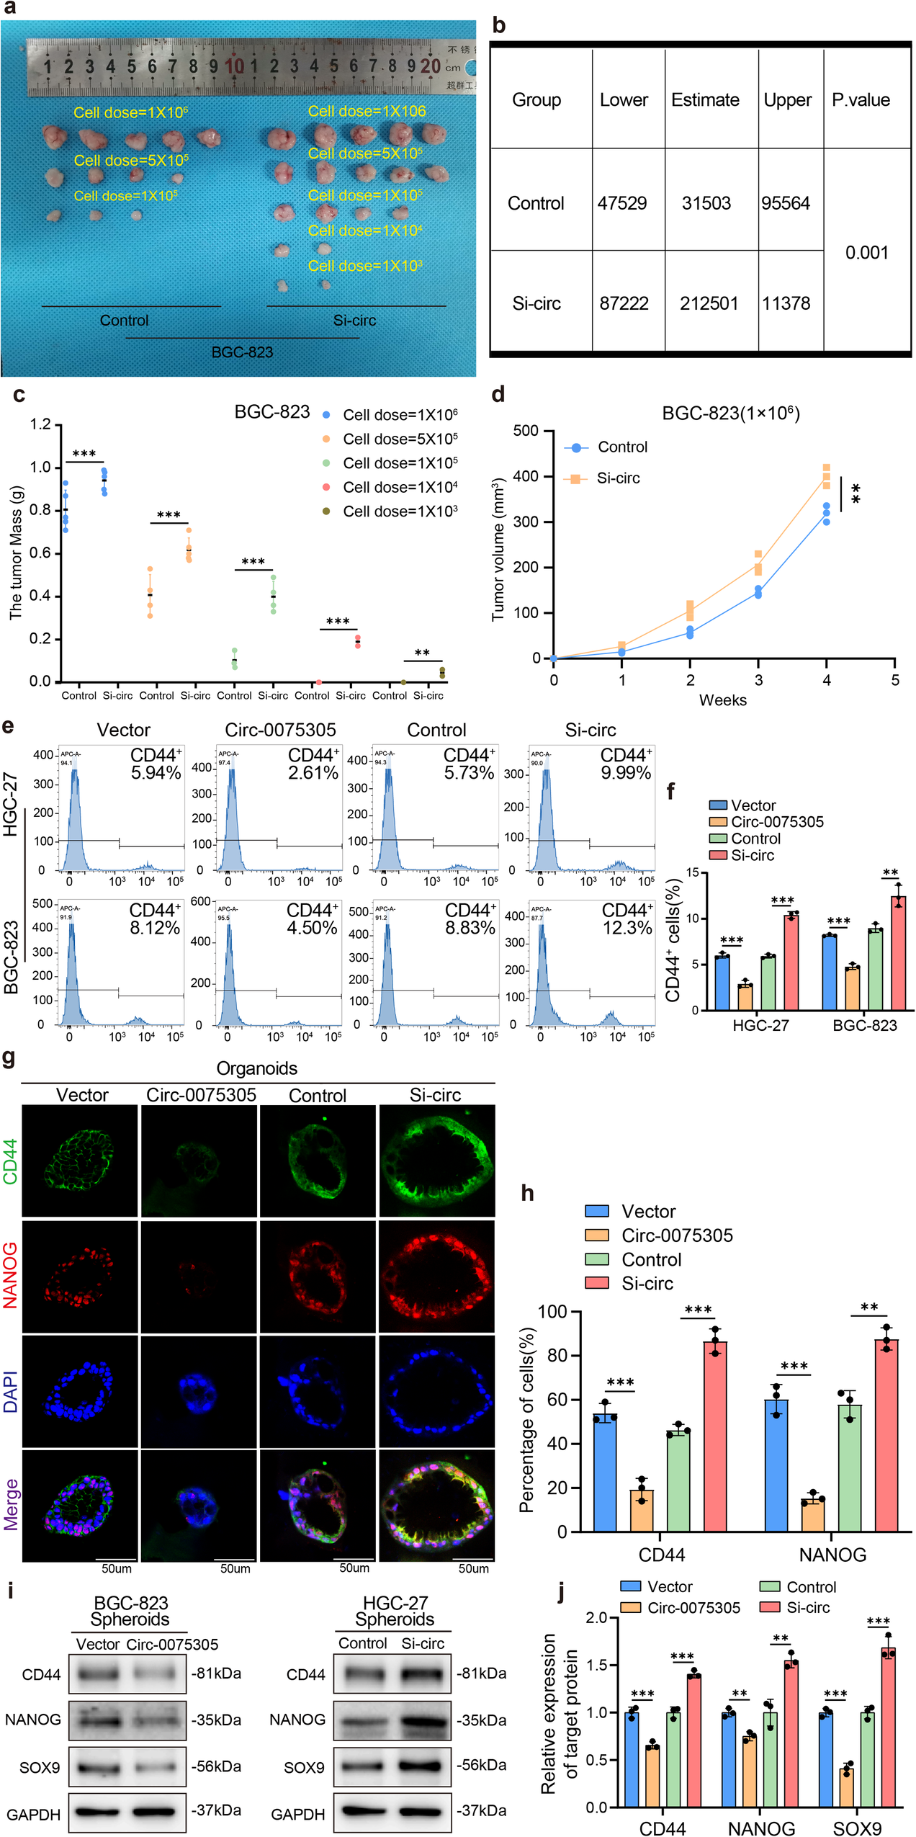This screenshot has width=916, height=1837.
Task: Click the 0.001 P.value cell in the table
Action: click(x=866, y=253)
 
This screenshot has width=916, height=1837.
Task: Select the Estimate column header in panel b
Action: click(x=705, y=100)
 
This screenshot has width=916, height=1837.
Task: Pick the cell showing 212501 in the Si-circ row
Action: click(x=709, y=303)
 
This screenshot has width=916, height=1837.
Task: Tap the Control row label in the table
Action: click(x=536, y=203)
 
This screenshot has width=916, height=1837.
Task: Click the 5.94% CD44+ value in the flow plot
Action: click(x=156, y=773)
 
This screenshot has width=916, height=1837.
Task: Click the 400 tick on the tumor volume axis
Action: click(x=526, y=476)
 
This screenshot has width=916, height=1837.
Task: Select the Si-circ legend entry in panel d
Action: click(x=617, y=478)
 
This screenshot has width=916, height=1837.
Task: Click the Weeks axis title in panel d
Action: click(x=722, y=700)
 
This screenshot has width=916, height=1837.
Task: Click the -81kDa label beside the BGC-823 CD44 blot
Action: click(x=216, y=1673)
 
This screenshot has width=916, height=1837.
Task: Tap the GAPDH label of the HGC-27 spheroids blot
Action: click(x=297, y=1815)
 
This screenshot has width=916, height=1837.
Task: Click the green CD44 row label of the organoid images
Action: click(x=10, y=1161)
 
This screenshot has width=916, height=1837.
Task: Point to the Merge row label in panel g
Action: click(x=10, y=1504)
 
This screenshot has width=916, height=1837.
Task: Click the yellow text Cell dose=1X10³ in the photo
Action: click(x=364, y=266)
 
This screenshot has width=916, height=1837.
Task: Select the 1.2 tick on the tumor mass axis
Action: click(x=40, y=424)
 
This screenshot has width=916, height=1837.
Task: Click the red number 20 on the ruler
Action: click(x=431, y=66)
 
